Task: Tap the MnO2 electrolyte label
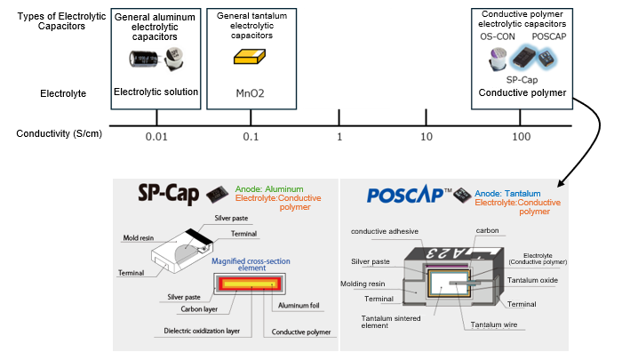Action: coord(249,92)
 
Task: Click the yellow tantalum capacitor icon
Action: coord(249,57)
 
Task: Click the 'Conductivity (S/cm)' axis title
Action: coord(59,134)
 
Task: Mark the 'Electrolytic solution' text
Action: coord(156,92)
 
